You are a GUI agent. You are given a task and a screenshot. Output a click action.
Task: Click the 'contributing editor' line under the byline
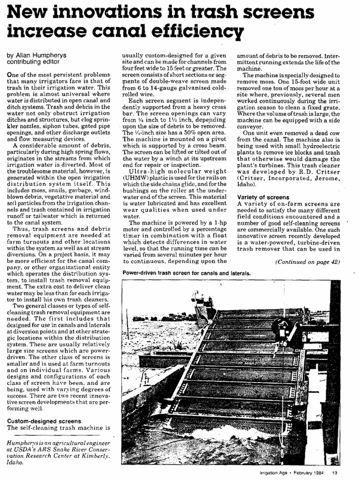click(x=33, y=61)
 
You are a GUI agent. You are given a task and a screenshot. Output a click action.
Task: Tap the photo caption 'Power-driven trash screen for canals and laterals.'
click(x=187, y=273)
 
